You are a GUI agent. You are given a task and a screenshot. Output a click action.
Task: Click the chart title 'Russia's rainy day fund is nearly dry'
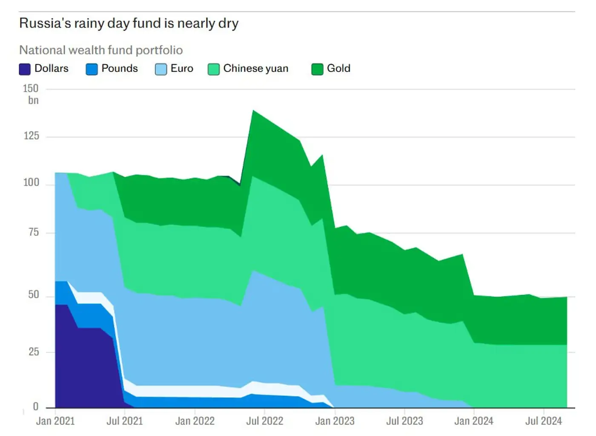pyautogui.click(x=129, y=23)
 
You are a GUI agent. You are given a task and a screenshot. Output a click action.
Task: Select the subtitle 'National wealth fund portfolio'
pyautogui.click(x=101, y=50)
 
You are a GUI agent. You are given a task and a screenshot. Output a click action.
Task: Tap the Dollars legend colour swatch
pyautogui.click(x=25, y=69)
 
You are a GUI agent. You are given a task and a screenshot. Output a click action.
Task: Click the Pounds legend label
pyautogui.click(x=120, y=68)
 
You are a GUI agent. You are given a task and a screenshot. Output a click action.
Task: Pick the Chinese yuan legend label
pyautogui.click(x=255, y=68)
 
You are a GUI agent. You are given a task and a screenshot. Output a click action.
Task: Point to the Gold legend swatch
pyautogui.click(x=317, y=69)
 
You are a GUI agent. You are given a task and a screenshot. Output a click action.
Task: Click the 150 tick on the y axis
pyautogui.click(x=31, y=88)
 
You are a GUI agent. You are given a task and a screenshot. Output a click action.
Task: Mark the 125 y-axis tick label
pyautogui.click(x=31, y=136)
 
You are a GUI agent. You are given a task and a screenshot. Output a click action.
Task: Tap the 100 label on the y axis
pyautogui.click(x=31, y=182)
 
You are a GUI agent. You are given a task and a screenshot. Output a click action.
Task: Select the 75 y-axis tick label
pyautogui.click(x=33, y=232)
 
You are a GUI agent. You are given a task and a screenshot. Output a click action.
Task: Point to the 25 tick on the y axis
pyautogui.click(x=33, y=352)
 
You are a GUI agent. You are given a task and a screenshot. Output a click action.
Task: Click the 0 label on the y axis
pyautogui.click(x=36, y=407)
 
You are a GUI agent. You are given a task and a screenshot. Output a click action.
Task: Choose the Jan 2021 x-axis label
pyautogui.click(x=55, y=421)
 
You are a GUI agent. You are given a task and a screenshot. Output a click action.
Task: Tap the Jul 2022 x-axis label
pyautogui.click(x=264, y=421)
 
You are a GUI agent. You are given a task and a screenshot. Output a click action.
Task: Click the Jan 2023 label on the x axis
pyautogui.click(x=335, y=421)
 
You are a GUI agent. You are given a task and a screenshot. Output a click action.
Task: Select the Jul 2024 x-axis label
pyautogui.click(x=543, y=421)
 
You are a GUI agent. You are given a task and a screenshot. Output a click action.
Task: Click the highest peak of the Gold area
pyautogui.click(x=253, y=111)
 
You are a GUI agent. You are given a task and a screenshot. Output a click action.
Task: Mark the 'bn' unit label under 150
pyautogui.click(x=33, y=100)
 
